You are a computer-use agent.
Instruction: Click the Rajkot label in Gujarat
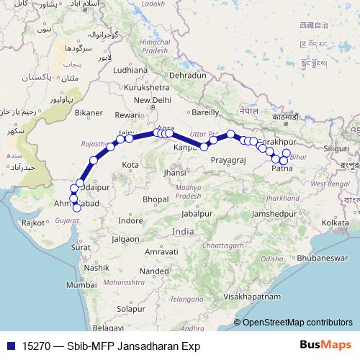point(34,223)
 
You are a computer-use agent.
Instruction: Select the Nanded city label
point(153,271)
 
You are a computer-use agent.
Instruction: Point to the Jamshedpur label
point(276,215)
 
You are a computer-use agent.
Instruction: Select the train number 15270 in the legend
point(36,345)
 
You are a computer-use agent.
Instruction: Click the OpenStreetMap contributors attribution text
point(297,323)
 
